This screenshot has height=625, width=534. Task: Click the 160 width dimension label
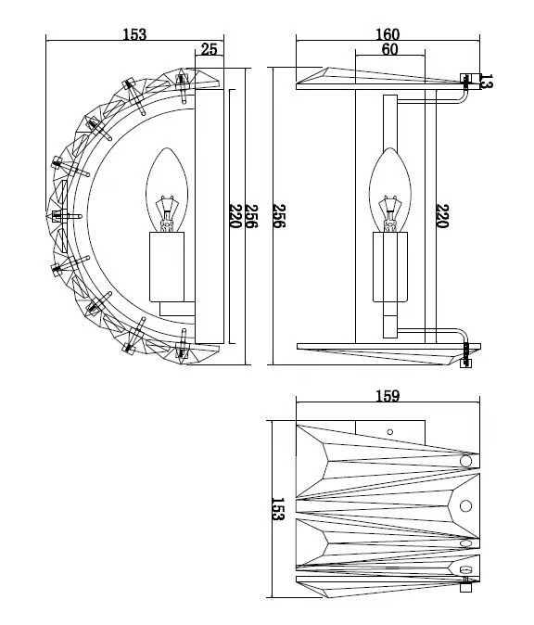point(388,34)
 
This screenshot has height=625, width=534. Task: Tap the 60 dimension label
point(389,49)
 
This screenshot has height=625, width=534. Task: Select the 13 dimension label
point(487,82)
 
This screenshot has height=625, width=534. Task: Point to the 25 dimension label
point(210,49)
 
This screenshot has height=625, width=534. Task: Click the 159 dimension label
point(388,396)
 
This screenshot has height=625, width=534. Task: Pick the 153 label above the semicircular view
point(134,34)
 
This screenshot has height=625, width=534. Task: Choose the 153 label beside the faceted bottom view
point(278,509)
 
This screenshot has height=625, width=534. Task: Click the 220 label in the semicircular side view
point(235,216)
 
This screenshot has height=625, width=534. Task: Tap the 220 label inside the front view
point(443,216)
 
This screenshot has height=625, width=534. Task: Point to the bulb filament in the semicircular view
point(167,213)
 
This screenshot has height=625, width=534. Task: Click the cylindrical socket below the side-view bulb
point(167,266)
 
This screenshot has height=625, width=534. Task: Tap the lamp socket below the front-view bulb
point(390,267)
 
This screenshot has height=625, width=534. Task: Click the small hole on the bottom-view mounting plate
point(390,432)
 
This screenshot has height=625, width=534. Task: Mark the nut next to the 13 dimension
point(465,78)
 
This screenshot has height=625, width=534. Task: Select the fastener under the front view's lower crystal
point(465,364)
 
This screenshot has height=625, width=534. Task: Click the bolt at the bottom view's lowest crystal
point(465,587)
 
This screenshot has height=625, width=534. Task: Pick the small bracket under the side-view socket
point(177,309)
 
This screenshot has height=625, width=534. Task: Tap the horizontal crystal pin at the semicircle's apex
point(67,216)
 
